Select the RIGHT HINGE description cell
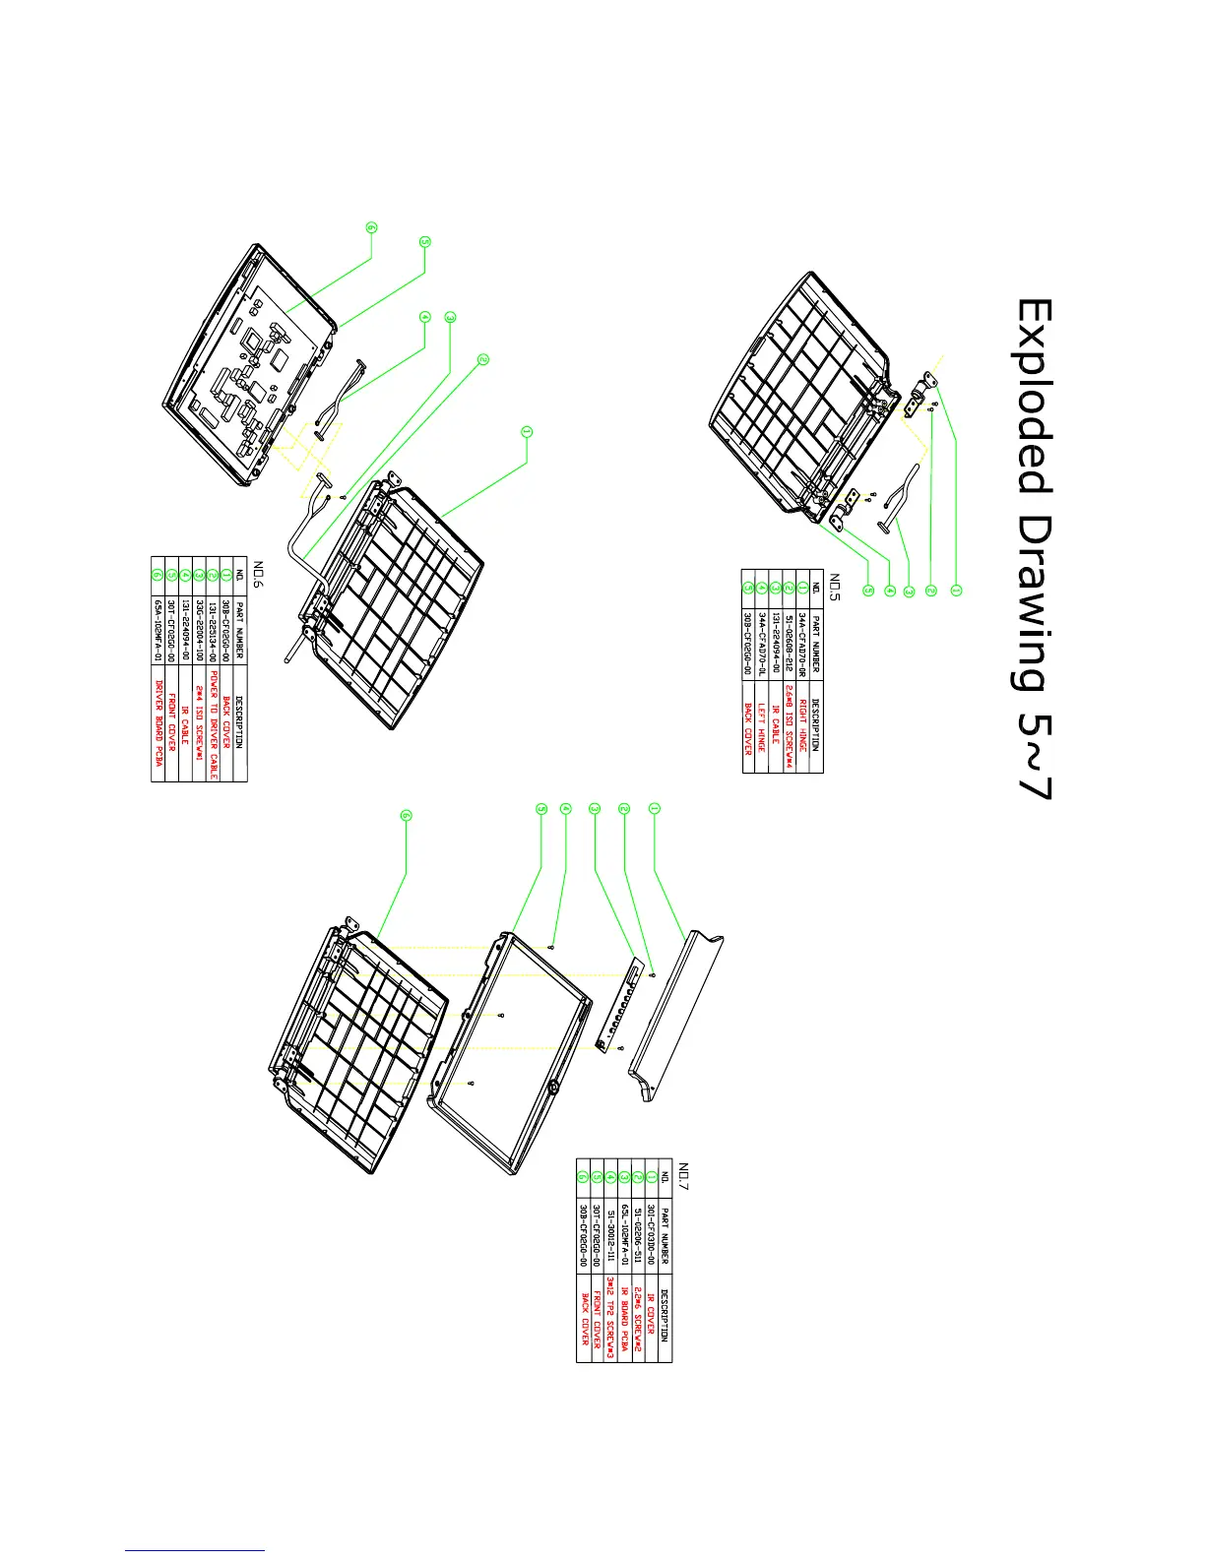click(802, 725)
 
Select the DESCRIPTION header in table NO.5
click(816, 725)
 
